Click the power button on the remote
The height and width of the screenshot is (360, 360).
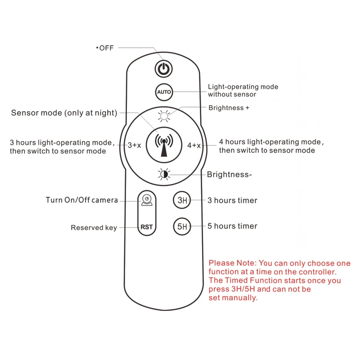164,69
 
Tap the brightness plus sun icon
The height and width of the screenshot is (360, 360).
164,117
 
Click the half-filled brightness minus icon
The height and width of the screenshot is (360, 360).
164,174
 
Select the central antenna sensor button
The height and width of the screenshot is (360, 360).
164,145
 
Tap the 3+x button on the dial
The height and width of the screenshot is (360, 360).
135,145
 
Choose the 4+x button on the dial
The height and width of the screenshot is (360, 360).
194,145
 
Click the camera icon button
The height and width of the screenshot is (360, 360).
147,199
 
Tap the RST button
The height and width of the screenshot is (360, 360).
147,227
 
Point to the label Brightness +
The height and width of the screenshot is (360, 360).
229,108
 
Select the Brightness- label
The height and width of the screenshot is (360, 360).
229,175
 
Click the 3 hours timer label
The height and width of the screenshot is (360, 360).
232,200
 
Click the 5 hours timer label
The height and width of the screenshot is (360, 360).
232,226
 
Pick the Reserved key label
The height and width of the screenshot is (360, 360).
94,228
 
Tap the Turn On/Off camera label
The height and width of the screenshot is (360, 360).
81,200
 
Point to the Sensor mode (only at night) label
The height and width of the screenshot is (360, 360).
64,113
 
